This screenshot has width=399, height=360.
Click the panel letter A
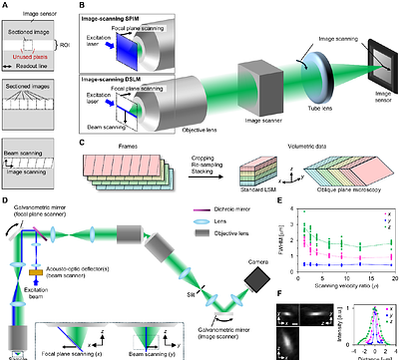4,5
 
